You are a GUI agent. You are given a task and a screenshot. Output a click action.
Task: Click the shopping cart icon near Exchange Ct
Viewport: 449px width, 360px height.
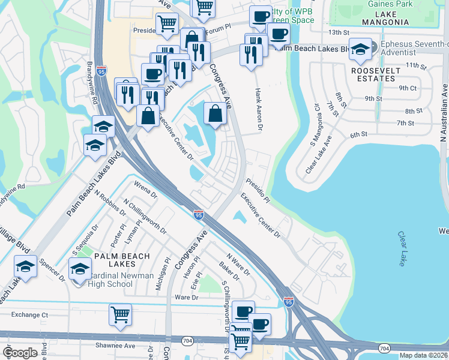pos(120,314)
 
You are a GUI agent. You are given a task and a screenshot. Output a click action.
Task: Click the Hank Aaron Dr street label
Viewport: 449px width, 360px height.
pos(259,105)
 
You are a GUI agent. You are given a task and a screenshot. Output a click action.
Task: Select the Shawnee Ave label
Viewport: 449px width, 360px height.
pos(116,345)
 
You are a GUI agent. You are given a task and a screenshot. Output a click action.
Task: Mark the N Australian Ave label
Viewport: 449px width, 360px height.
pos(444,115)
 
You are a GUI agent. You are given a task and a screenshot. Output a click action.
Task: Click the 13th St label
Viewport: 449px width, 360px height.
pos(339,32)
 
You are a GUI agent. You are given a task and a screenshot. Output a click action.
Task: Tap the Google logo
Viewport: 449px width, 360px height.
pos(20,353)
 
